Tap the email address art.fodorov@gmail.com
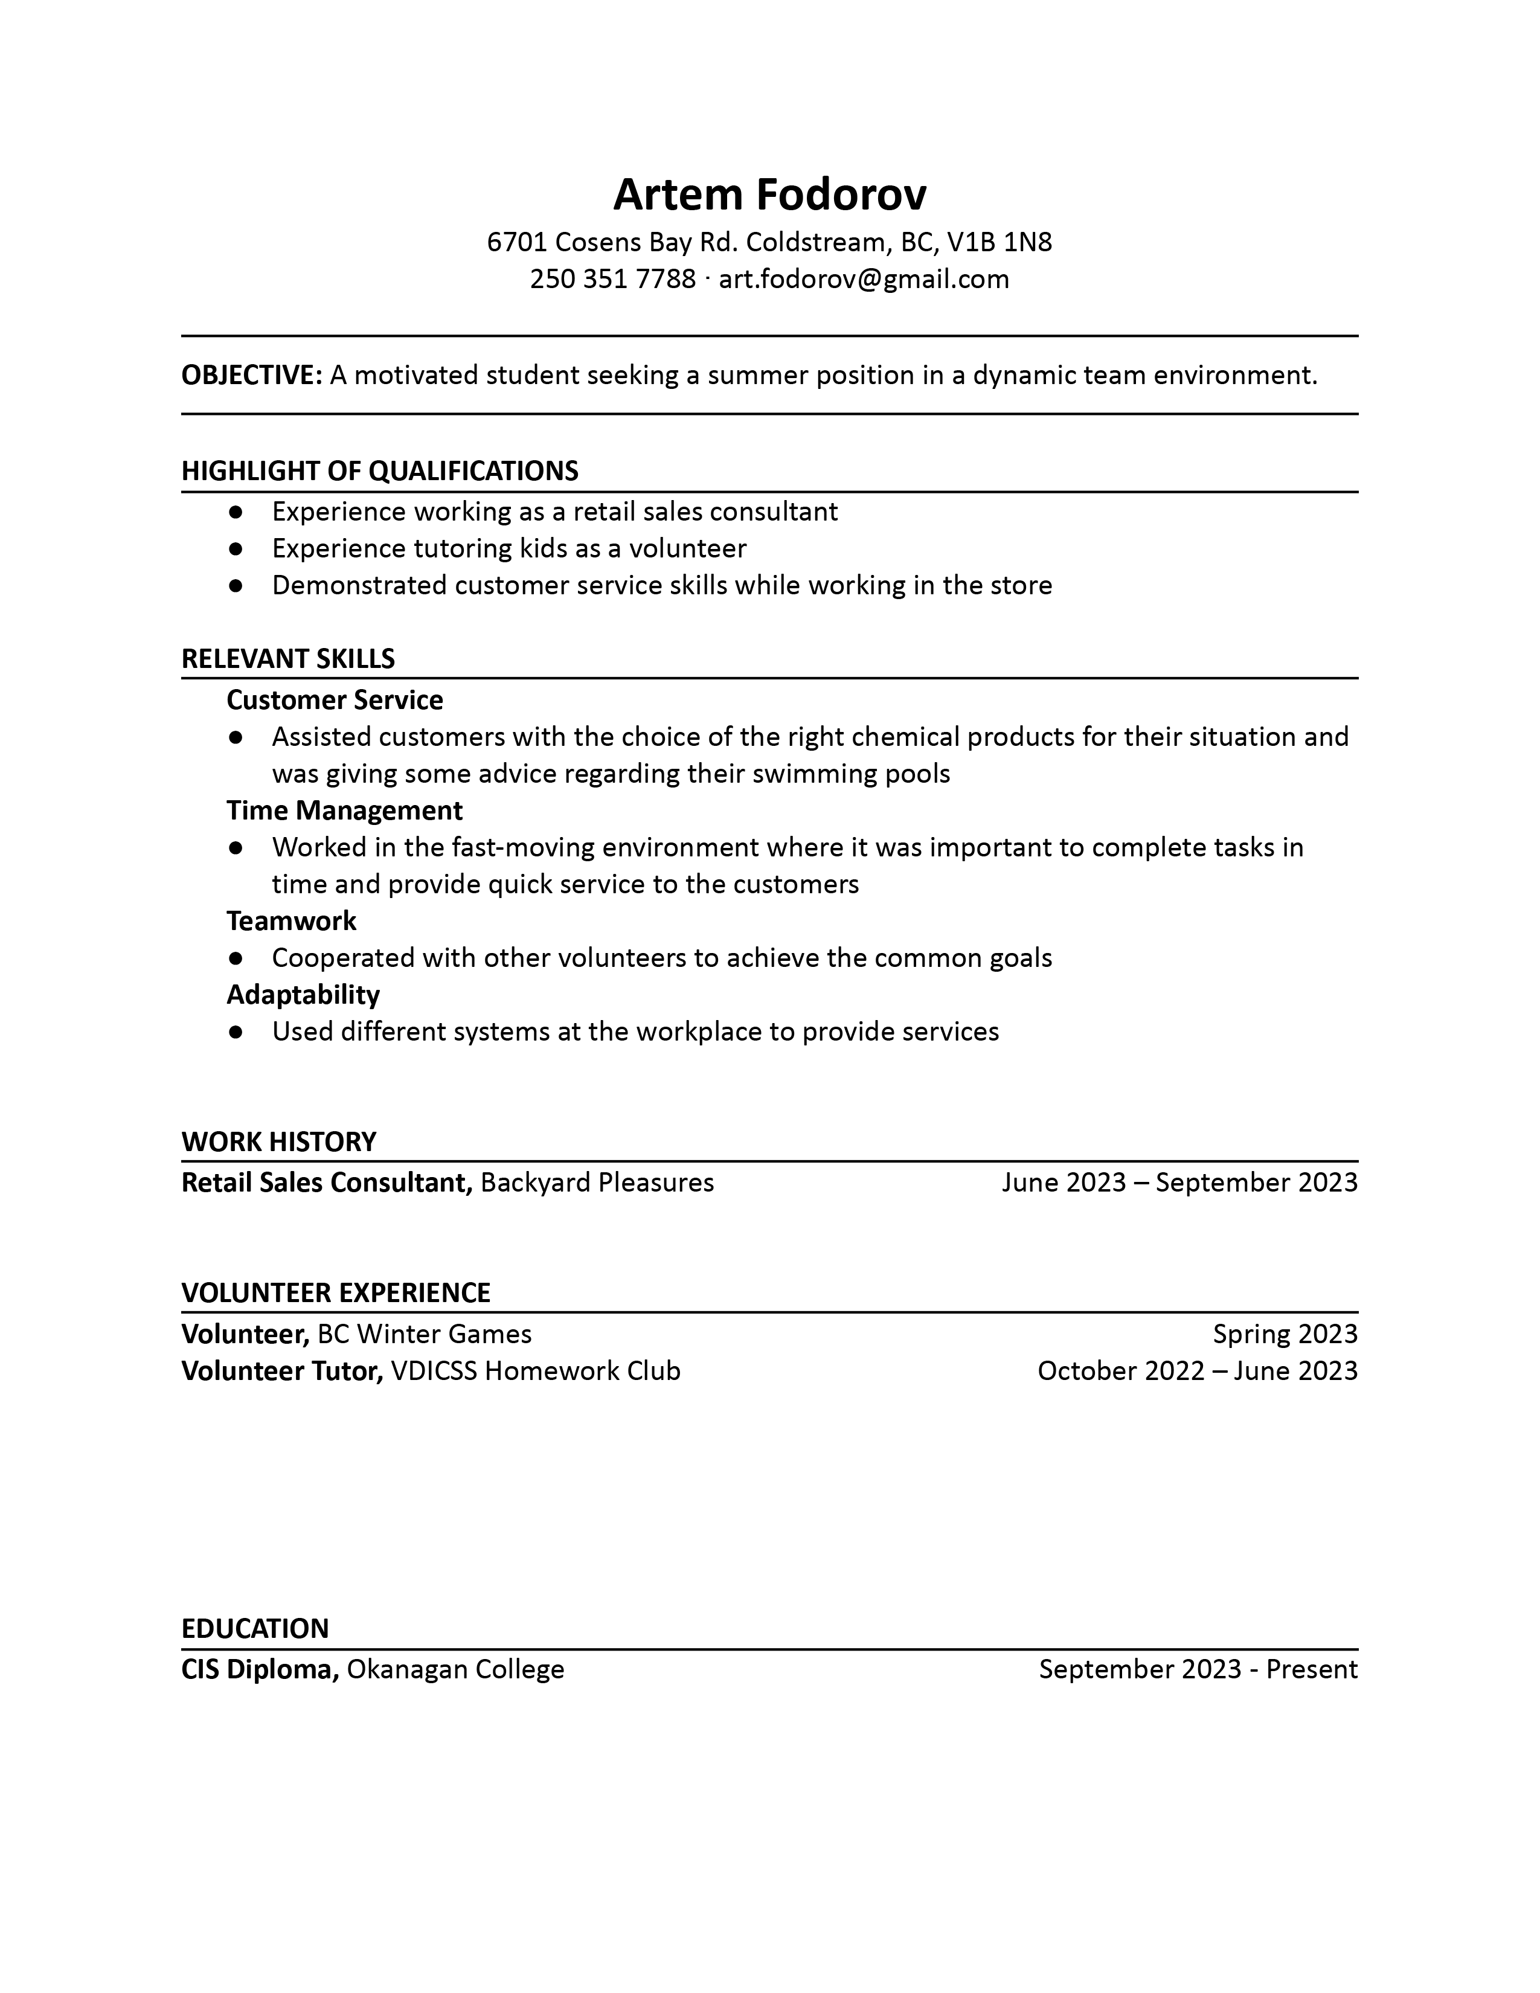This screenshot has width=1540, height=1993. click(x=864, y=278)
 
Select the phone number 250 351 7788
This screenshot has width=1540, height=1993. click(x=612, y=278)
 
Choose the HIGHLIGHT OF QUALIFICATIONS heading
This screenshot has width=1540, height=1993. click(x=379, y=471)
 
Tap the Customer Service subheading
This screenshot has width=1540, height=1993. click(x=335, y=700)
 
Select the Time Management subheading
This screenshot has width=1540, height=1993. click(x=344, y=810)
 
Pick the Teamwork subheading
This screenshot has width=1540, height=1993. click(x=291, y=921)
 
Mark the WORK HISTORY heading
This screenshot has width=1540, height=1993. click(x=279, y=1141)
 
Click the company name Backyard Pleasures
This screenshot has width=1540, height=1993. click(x=597, y=1183)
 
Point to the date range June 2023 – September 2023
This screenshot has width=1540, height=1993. click(x=1179, y=1183)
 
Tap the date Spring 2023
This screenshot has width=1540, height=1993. click(x=1285, y=1334)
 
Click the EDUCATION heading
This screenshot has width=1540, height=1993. click(x=255, y=1628)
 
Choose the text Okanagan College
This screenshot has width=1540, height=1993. click(x=455, y=1669)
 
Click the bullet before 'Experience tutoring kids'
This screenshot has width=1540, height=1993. click(x=236, y=548)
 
